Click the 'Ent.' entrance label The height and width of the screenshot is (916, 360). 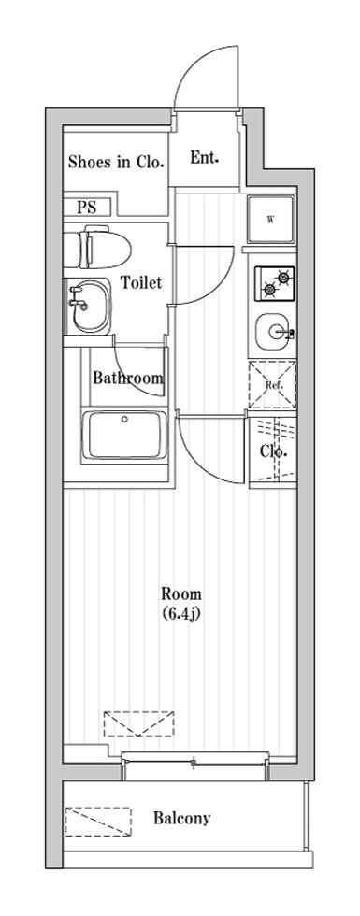tap(204, 157)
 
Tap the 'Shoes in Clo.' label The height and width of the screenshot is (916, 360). tap(116, 162)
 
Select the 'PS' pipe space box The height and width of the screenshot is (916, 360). tap(87, 208)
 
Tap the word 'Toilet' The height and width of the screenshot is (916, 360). tap(141, 281)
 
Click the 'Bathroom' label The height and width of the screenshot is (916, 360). tap(127, 379)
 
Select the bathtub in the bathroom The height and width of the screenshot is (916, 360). tap(125, 436)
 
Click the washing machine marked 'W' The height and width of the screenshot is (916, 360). tap(270, 221)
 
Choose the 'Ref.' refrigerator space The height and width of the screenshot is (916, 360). tap(271, 384)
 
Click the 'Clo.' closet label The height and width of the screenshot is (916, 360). tap(272, 451)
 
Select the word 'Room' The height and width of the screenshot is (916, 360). tap(181, 594)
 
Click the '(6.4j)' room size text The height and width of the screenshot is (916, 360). tap(181, 614)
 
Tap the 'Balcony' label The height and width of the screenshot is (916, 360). tap(181, 819)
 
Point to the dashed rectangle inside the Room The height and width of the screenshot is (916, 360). tap(140, 724)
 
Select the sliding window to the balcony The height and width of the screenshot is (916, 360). tap(193, 765)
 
